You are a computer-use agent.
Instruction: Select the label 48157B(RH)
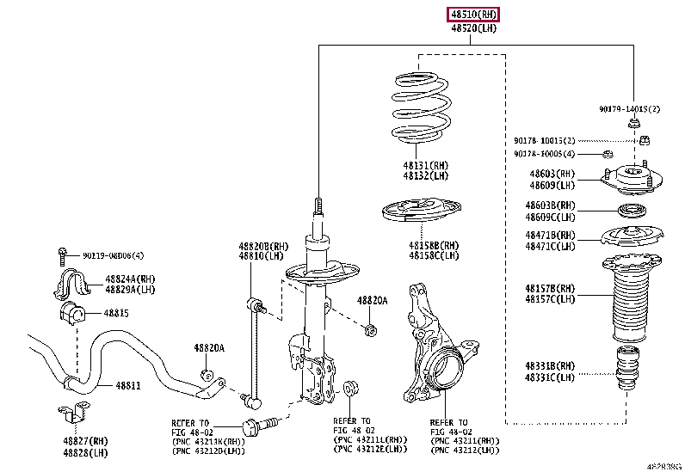point(551,288)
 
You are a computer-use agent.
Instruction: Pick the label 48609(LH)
point(552,184)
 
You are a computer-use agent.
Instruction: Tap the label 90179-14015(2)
point(630,109)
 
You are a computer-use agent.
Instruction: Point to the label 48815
point(117,313)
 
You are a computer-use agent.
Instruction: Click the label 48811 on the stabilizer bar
point(129,387)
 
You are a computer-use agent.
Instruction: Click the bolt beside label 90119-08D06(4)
point(64,254)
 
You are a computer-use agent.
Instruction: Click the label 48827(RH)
point(85,440)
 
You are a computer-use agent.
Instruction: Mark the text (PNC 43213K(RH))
point(207,442)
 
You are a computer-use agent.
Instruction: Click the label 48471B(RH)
point(551,235)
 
